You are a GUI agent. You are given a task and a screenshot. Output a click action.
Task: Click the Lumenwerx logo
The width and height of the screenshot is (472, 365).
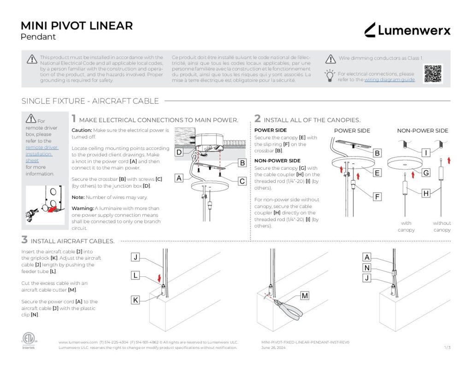407,30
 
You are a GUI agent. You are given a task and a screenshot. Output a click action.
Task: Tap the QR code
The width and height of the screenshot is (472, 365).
433,73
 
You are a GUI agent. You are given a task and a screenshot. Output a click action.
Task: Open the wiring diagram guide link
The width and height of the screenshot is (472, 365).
389,80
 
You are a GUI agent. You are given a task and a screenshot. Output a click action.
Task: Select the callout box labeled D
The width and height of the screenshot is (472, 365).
179,152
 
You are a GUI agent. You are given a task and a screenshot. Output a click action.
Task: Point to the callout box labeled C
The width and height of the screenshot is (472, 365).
242,181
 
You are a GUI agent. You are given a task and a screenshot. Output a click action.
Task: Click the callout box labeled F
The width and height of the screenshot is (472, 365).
377,197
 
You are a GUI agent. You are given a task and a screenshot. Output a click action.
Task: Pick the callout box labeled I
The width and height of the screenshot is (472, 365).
426,152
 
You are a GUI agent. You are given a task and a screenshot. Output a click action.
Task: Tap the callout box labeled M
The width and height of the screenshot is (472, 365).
305,296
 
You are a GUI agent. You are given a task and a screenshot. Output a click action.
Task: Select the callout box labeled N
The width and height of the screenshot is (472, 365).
367,268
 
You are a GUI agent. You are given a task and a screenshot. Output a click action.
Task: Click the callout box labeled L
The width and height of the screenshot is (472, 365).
136,275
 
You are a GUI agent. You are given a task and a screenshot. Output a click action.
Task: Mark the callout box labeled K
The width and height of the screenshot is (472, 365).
136,300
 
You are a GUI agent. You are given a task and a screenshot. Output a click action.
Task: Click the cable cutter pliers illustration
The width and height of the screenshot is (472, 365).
289,308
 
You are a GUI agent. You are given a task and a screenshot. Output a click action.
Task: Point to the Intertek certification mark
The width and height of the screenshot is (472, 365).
28,340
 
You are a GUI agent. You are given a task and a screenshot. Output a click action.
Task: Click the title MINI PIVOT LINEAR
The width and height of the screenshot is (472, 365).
77,26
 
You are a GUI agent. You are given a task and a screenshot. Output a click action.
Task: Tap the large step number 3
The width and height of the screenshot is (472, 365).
24,239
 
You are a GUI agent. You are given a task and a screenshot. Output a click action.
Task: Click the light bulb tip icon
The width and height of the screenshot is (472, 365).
330,76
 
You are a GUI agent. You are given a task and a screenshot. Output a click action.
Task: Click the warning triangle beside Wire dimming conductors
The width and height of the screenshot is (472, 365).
330,59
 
